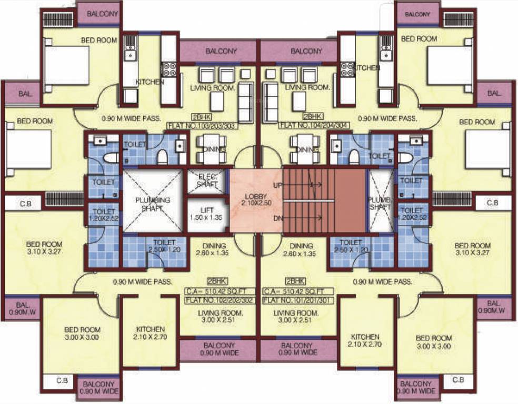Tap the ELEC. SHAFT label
click(x=206, y=180)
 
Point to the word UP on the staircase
click(x=277, y=185)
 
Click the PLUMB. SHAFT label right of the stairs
click(x=381, y=204)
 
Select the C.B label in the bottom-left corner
click(x=62, y=380)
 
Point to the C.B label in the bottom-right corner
click(x=457, y=379)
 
